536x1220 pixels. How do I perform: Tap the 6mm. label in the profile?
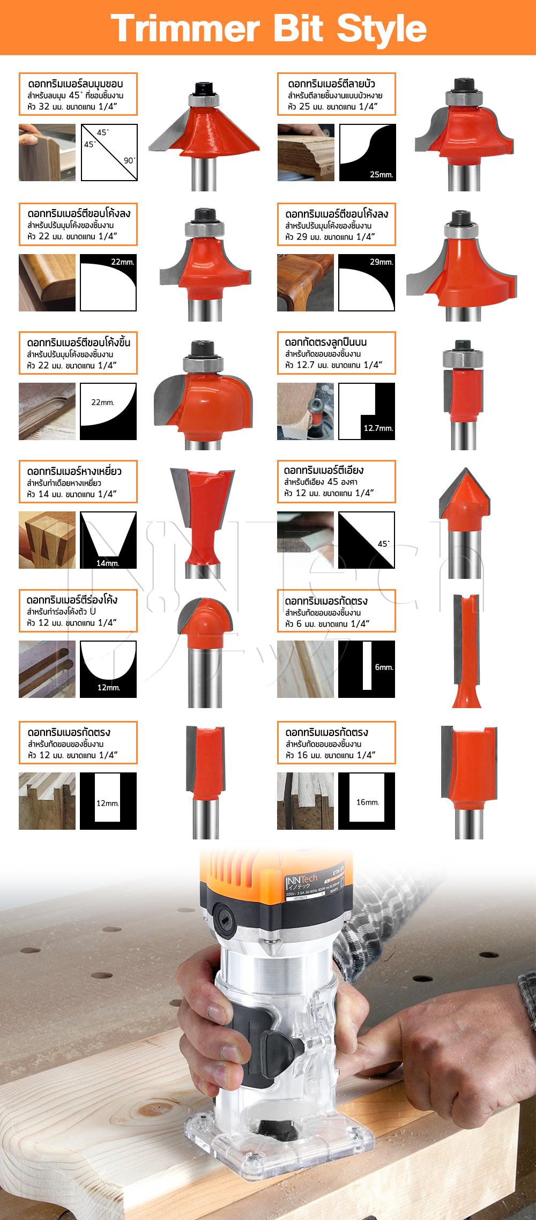click(384, 667)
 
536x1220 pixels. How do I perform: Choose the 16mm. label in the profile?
click(367, 802)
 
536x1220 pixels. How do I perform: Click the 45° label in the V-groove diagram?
click(383, 544)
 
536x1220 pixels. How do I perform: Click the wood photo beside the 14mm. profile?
click(47, 540)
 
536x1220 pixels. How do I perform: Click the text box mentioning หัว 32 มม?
click(78, 94)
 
